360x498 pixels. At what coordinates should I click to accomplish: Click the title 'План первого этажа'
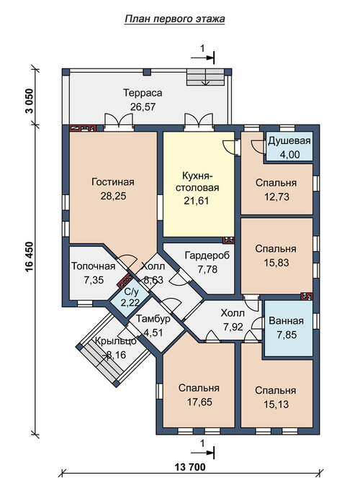tap(175, 19)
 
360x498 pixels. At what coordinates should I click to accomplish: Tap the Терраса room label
tap(143, 93)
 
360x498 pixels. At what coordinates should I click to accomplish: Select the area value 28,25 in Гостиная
tap(113, 196)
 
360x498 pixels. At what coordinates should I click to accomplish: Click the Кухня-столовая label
tap(197, 181)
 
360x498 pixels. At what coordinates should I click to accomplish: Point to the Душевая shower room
tap(289, 146)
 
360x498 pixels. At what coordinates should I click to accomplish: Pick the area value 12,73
tap(276, 197)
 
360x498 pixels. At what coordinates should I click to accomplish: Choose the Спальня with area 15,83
tap(276, 255)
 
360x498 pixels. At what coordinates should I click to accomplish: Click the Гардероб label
tap(207, 255)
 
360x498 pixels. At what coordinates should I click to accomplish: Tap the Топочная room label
tap(93, 266)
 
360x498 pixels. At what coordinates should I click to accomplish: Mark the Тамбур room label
tap(153, 319)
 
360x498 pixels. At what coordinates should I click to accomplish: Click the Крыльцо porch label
tap(116, 341)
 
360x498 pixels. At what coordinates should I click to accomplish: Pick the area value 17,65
tap(199, 402)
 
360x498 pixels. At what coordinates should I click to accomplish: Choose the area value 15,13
tap(276, 404)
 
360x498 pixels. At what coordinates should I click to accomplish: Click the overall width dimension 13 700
tap(189, 467)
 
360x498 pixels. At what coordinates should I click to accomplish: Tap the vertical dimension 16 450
tap(30, 260)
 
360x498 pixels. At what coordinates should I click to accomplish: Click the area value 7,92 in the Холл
tap(233, 327)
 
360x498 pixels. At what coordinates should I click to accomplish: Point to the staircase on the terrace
tap(206, 76)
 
